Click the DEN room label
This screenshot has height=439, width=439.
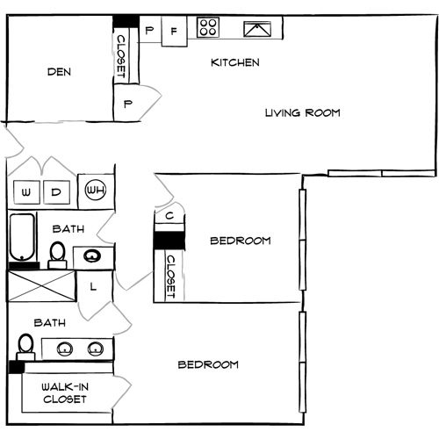tap(59, 73)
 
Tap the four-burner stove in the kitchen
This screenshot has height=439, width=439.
tap(208, 28)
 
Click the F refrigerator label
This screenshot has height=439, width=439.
tap(174, 32)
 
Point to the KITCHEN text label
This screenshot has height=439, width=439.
tap(234, 63)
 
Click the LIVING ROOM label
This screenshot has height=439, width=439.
tap(302, 112)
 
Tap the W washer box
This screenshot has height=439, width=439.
tap(26, 191)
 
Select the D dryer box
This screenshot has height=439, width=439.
tap(55, 191)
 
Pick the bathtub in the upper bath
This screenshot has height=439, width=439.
tap(22, 237)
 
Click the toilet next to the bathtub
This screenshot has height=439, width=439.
tap(57, 253)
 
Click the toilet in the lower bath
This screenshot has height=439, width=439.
tap(26, 344)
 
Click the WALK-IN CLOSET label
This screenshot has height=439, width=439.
tap(66, 392)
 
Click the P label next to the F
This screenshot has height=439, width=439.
tap(149, 32)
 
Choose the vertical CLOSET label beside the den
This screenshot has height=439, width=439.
tap(121, 54)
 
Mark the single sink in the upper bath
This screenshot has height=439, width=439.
tap(92, 256)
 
